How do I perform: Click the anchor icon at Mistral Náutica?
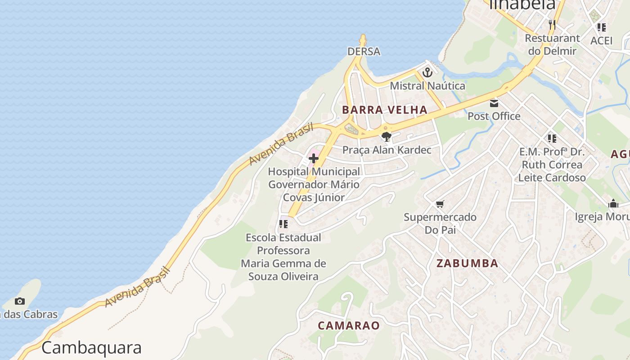[x=427, y=72]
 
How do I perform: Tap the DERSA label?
[x=364, y=52]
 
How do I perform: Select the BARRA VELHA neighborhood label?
[x=385, y=110]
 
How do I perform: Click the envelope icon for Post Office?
[x=494, y=103]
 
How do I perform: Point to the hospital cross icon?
[x=314, y=158]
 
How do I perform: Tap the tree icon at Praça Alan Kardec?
[x=386, y=137]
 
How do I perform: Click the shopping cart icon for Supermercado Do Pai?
[x=440, y=204]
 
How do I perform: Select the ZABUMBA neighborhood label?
[x=468, y=264]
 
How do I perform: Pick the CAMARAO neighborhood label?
[x=349, y=325]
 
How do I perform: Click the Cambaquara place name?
[x=91, y=348]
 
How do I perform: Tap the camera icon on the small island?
[x=20, y=301]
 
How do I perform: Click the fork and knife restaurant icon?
[x=552, y=24]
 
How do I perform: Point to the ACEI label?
[x=602, y=40]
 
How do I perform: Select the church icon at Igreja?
[x=613, y=203]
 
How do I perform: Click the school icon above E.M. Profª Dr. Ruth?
[x=552, y=138]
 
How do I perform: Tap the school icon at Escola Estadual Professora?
[x=283, y=224]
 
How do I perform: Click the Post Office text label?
[x=494, y=116]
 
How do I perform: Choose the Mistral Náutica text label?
[x=427, y=85]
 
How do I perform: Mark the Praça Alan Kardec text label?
[x=387, y=150]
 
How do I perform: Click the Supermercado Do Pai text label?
[x=440, y=223]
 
